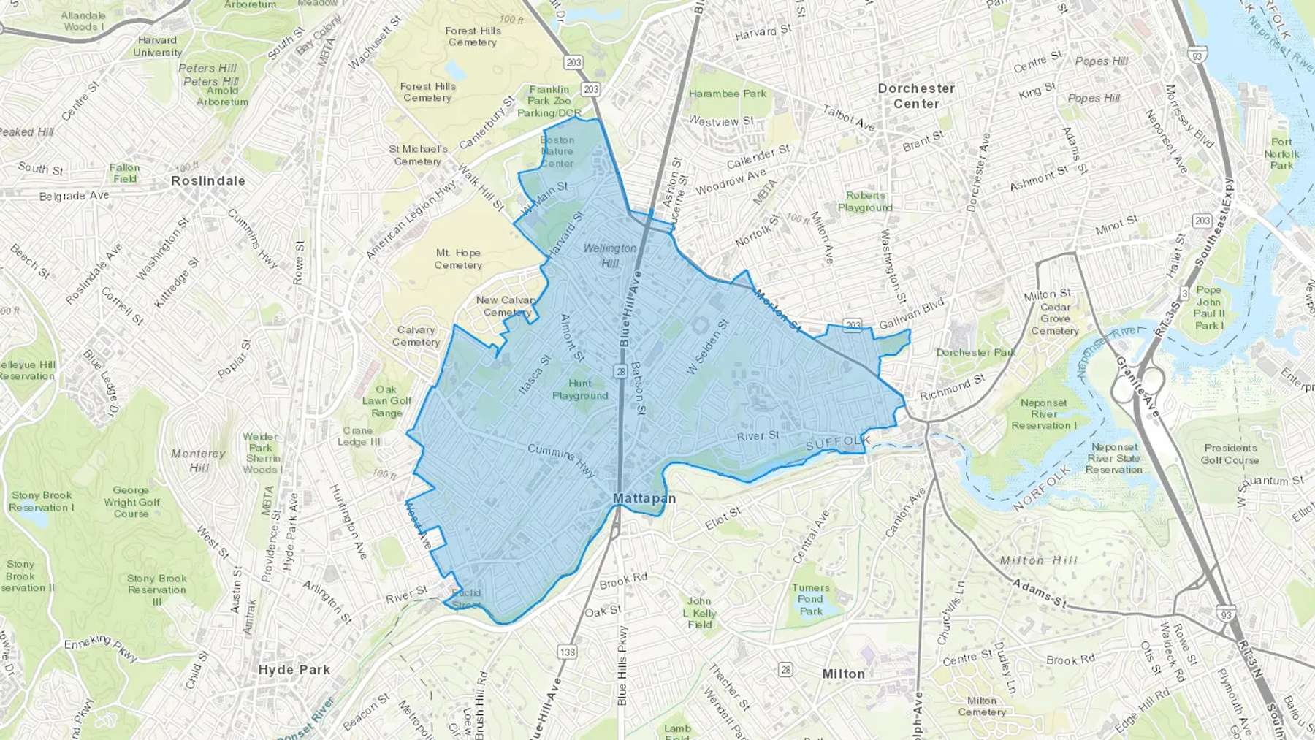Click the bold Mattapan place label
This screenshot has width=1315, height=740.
tap(644, 498)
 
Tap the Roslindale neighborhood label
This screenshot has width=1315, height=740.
tap(208, 180)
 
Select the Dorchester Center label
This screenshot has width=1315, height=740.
tap(916, 96)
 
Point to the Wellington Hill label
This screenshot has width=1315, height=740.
tap(610, 255)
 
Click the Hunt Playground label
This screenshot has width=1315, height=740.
tap(580, 389)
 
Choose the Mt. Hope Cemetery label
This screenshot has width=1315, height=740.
tap(458, 259)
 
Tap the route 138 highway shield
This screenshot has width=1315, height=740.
tap(567, 652)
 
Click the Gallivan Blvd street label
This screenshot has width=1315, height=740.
tap(911, 313)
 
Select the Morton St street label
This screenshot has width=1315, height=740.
tap(777, 311)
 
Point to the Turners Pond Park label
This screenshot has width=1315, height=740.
tap(811, 599)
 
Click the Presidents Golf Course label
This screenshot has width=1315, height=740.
tap(1230, 454)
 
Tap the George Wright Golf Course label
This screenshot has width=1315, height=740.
tap(131, 502)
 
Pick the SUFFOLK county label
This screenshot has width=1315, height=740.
tap(838, 443)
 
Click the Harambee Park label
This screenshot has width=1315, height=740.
tap(728, 94)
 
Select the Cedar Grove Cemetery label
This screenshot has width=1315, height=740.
tap(1055, 318)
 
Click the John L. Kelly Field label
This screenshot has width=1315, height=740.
tap(700, 613)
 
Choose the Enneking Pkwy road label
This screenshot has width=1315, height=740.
tap(101, 648)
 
